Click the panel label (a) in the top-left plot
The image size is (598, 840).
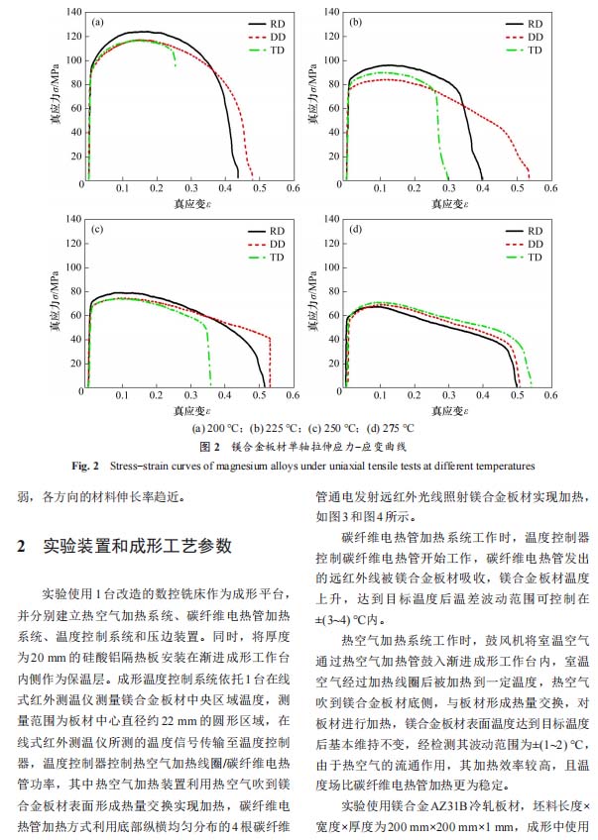coord(98,20)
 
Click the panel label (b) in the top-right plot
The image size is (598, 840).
coord(355,20)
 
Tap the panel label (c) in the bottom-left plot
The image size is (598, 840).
coord(98,230)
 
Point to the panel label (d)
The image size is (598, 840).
coord(355,230)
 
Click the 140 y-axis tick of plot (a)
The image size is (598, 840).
coord(73,13)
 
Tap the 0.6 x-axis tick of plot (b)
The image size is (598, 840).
coord(548,188)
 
